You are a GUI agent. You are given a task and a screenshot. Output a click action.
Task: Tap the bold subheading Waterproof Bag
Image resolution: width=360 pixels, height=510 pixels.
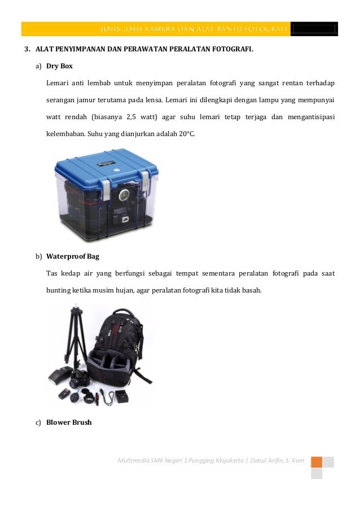(72, 256)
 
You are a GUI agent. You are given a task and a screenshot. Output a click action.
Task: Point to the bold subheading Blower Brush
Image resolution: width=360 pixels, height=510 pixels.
(69, 421)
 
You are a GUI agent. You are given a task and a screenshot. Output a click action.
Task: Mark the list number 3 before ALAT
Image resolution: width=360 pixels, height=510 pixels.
(27, 49)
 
